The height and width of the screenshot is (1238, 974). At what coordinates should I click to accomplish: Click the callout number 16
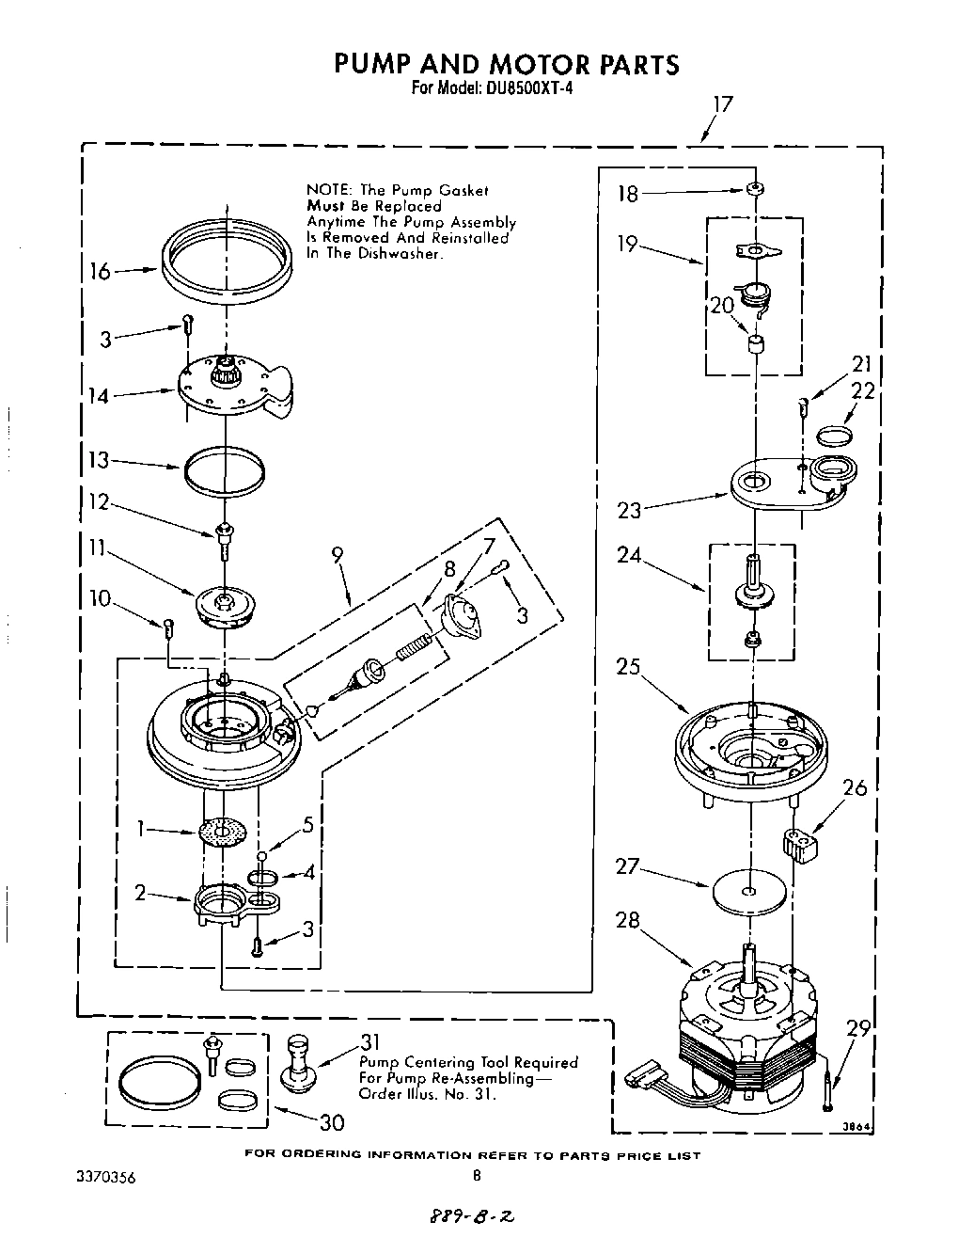101,272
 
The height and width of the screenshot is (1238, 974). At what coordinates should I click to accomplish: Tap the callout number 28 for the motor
627,919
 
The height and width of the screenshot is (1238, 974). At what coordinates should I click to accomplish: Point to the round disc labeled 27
748,890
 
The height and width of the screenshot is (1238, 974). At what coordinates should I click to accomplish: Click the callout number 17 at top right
721,103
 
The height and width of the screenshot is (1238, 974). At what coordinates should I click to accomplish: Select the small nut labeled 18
753,190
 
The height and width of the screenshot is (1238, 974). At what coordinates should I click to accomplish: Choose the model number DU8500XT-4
528,89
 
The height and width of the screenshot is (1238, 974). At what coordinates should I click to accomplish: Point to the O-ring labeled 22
834,435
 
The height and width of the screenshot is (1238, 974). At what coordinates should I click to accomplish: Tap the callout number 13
99,460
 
